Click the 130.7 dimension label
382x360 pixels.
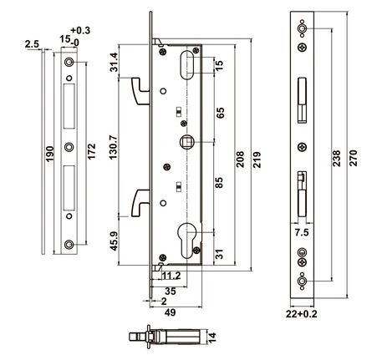point(114,147)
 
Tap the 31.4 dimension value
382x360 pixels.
point(114,62)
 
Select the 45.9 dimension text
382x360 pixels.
point(115,241)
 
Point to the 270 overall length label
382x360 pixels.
point(353,158)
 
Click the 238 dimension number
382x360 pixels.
point(337,159)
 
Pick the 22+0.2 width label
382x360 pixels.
point(302,314)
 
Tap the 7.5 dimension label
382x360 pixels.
point(302,232)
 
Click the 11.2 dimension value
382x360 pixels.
point(171,276)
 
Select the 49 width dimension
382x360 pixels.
point(171,312)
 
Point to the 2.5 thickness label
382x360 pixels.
point(32,44)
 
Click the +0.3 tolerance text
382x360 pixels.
point(80,30)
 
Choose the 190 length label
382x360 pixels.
point(49,154)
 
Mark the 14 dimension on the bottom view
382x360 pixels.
point(212,337)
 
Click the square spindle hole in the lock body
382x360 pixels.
point(186,142)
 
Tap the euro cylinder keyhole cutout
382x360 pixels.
point(187,241)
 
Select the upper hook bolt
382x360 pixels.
point(139,91)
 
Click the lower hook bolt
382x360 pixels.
point(139,203)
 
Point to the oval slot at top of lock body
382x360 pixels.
point(186,65)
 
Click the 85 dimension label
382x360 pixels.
point(220,183)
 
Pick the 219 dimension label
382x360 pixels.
point(257,160)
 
